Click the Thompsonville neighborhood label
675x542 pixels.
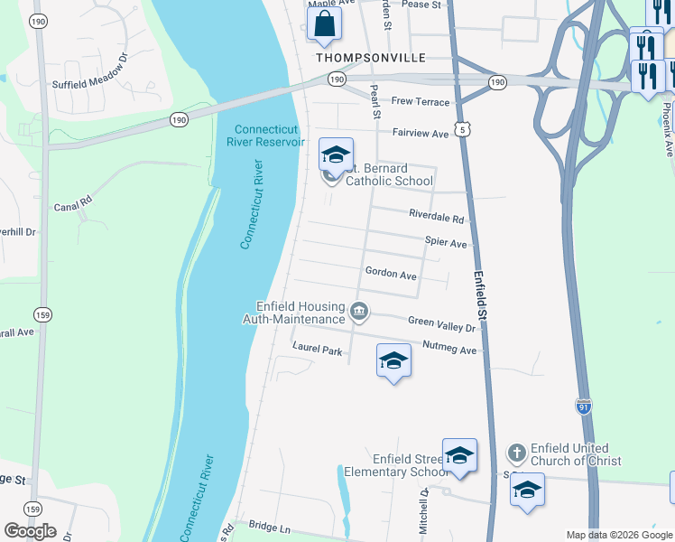coord(371,57)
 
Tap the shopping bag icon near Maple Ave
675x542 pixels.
coord(324,24)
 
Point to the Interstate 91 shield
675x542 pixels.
coord(585,407)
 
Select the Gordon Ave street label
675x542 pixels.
coord(391,273)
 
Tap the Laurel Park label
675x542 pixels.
coord(317,348)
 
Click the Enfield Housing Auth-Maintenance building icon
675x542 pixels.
coord(359,313)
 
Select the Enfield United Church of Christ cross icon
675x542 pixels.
coord(516,452)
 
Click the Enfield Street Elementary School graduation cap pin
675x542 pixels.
coord(459,456)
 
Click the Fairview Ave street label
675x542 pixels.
coord(420,134)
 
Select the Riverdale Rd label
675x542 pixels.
coord(436,219)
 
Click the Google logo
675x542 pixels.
coord(30,531)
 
